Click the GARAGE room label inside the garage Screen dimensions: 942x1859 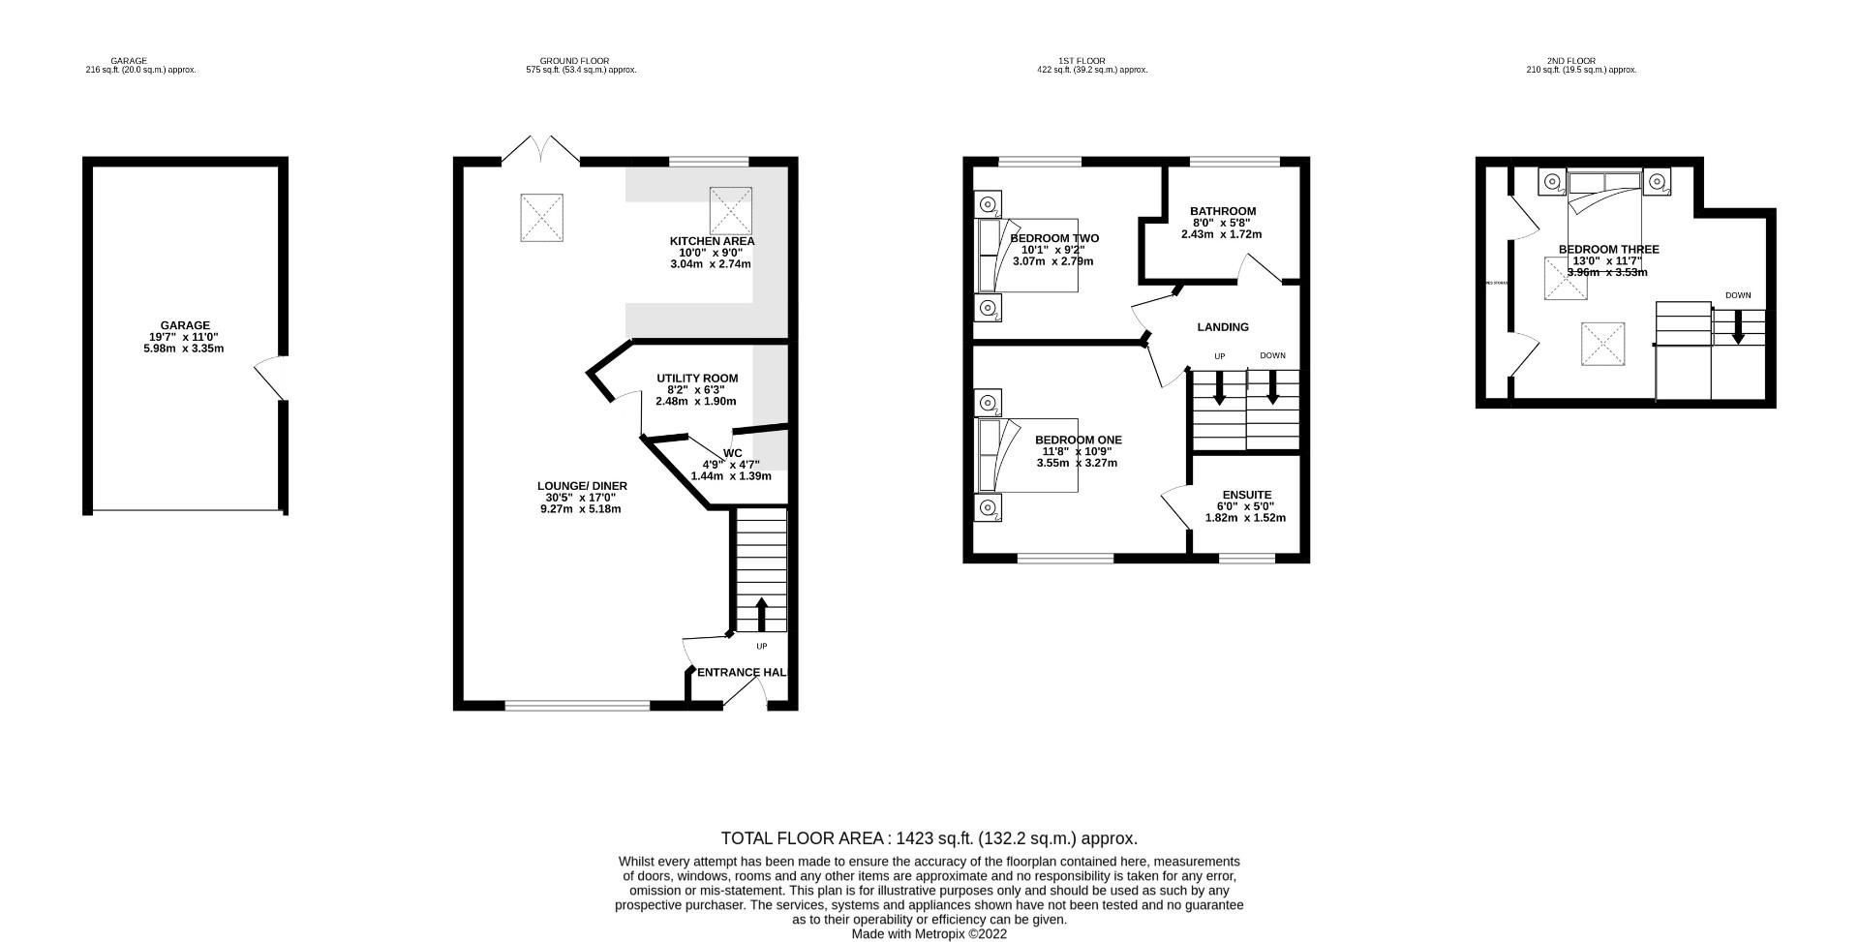coord(185,325)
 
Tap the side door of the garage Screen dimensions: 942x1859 coord(271,379)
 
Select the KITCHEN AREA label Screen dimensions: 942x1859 coord(712,241)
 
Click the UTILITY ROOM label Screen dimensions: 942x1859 coord(697,379)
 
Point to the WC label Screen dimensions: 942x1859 coord(732,453)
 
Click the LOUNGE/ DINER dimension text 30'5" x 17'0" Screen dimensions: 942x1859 coord(580,498)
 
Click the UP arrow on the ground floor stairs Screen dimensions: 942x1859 coord(761,614)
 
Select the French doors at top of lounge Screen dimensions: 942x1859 coord(540,150)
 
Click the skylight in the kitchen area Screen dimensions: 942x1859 coord(730,210)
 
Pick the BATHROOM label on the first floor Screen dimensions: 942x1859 coord(1223,211)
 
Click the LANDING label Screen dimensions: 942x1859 coord(1223,327)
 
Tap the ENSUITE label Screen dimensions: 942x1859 coord(1247,495)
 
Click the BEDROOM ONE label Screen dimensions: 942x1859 coord(1078,440)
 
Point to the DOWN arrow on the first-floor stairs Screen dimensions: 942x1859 coord(1272,388)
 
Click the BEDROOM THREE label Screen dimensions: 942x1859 coord(1608,250)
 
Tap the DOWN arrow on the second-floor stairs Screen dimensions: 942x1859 coord(1738,326)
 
